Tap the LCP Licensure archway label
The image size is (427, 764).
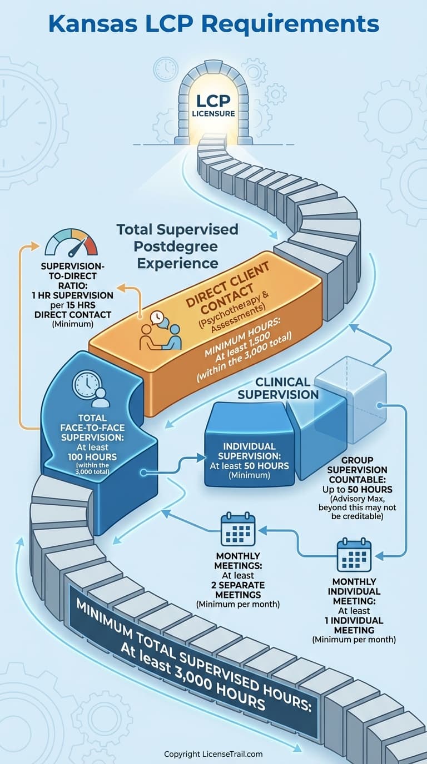(x=213, y=105)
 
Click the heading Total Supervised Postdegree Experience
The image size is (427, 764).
(x=177, y=245)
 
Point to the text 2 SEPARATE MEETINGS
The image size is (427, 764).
(x=237, y=590)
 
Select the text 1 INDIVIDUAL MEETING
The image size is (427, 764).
(x=354, y=625)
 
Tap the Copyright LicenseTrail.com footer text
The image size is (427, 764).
(x=213, y=754)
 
